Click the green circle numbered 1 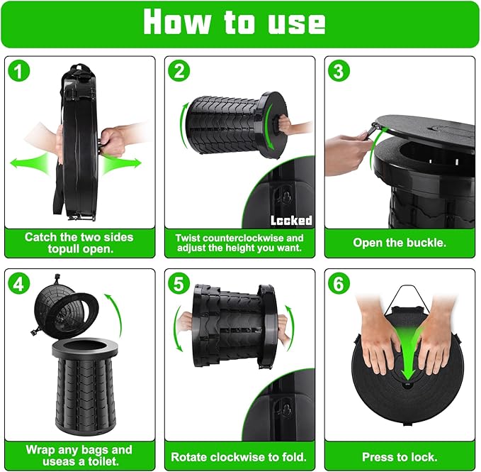pyautogui.click(x=18, y=71)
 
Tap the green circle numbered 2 pyautogui.click(x=179, y=71)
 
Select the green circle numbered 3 pyautogui.click(x=339, y=71)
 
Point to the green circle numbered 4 pyautogui.click(x=18, y=284)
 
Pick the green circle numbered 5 pyautogui.click(x=179, y=284)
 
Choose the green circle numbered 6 pyautogui.click(x=339, y=284)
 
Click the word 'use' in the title pyautogui.click(x=296, y=23)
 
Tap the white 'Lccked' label pyautogui.click(x=291, y=220)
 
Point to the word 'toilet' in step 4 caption pyautogui.click(x=103, y=461)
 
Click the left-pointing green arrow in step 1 pyautogui.click(x=29, y=163)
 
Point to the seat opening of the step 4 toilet pyautogui.click(x=85, y=345)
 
